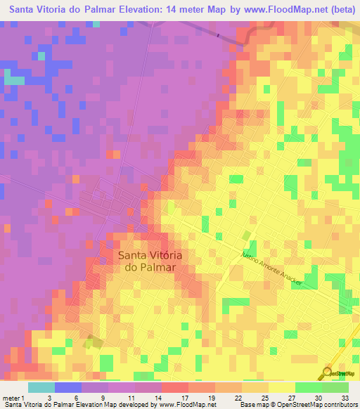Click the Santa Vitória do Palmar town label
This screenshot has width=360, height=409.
coord(148,261)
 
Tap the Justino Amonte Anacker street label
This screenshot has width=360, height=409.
coord(271,268)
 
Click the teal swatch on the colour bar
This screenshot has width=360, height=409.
coord(41,387)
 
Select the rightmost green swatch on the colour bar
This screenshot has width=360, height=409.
coord(335,387)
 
